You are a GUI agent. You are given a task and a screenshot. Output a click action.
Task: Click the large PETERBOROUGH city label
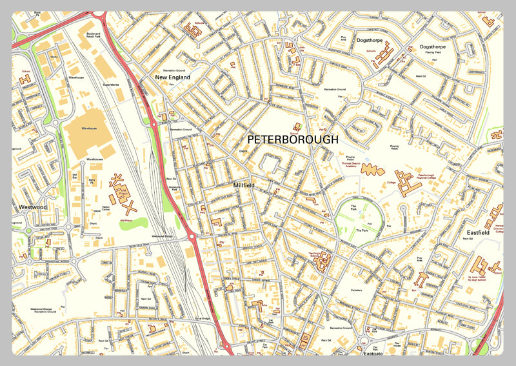pos(292,139)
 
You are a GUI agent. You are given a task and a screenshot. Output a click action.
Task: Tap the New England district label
pos(173,77)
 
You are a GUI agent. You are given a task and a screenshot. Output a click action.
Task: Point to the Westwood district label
pos(33,207)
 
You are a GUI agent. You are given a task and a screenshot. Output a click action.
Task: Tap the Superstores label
pos(112,84)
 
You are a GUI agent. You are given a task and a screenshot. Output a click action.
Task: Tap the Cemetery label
pos(356,290)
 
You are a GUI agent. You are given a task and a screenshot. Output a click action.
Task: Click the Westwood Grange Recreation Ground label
pos(44,310)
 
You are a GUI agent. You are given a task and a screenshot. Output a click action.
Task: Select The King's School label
pos(316,256)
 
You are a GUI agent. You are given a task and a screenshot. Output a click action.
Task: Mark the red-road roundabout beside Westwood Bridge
pos(192,238)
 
